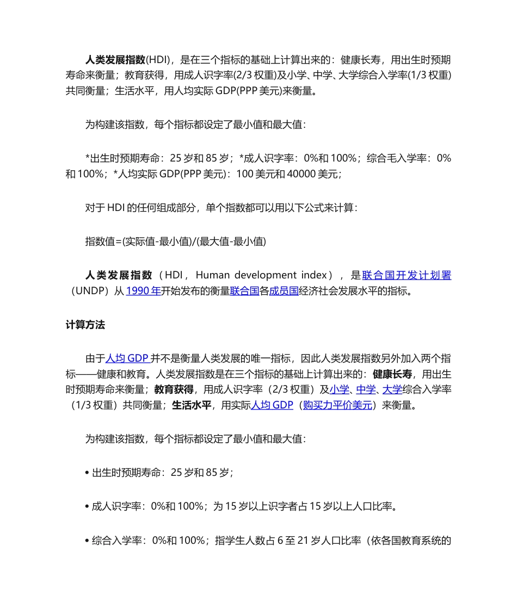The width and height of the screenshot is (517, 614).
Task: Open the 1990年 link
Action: (x=143, y=291)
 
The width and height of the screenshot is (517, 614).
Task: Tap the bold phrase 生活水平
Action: (x=192, y=405)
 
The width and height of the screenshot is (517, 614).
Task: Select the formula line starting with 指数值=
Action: (x=175, y=241)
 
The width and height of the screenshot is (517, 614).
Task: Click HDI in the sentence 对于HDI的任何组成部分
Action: (x=116, y=208)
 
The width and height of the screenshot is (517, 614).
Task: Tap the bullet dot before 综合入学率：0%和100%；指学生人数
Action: (x=87, y=541)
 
